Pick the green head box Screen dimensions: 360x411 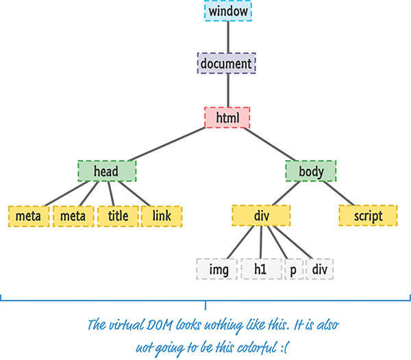click(107, 170)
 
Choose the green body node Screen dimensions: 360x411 click(310, 170)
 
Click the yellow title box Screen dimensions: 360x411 click(118, 216)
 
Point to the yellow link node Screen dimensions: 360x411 click(162, 216)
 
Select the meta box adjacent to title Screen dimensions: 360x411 click(73, 216)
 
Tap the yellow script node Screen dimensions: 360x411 click(369, 216)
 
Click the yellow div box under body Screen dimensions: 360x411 click(260, 216)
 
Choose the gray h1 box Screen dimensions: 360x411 click(260, 270)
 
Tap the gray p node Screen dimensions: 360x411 click(293, 270)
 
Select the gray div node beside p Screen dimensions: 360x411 click(320, 270)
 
